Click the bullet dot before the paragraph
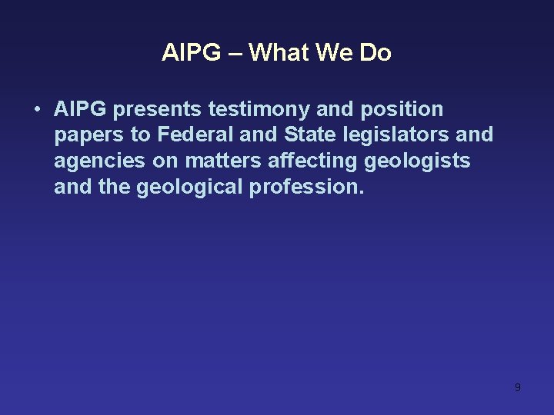[x=36, y=110]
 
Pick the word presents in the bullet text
[x=157, y=110]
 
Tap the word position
[x=404, y=110]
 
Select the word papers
[x=90, y=135]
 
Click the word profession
[x=307, y=188]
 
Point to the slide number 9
[x=517, y=387]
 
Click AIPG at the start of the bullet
[x=81, y=110]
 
